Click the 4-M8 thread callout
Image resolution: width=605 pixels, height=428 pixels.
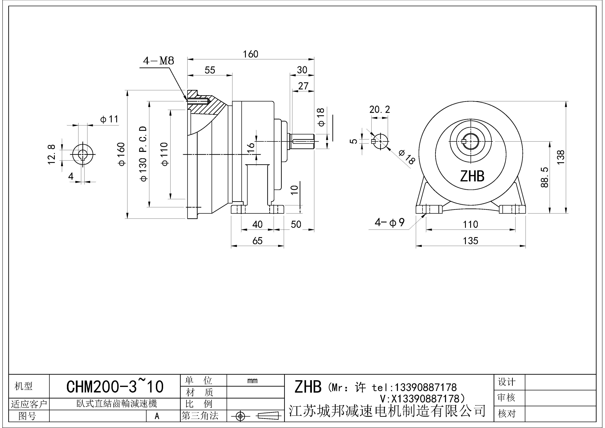coord(158,61)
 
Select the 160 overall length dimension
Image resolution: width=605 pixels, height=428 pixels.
coord(250,54)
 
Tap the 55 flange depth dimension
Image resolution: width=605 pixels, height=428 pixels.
coord(210,70)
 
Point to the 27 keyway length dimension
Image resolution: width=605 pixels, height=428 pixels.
coord(303,86)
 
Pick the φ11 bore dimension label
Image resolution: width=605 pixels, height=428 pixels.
coord(109,119)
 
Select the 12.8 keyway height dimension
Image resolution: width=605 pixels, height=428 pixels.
coord(52,154)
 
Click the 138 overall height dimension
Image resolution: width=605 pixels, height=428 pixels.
coord(561,157)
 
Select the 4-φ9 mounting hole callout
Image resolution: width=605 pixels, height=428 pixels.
coord(389,223)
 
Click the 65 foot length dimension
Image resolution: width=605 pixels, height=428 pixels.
coord(257,241)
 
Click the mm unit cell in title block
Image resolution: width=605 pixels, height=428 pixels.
coord(252,381)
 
